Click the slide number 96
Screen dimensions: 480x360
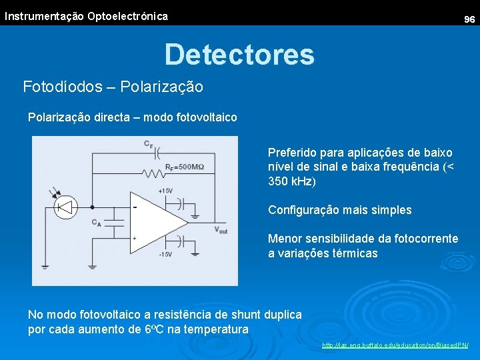pos(469,20)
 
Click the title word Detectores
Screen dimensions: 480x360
pos(239,54)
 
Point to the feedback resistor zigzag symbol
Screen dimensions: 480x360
pos(153,174)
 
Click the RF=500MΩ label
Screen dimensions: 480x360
pos(185,167)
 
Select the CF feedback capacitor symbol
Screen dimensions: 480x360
pos(157,151)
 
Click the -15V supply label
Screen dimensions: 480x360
pos(165,254)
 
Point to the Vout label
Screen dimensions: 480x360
pos(221,230)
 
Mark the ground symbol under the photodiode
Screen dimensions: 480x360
pos(44,266)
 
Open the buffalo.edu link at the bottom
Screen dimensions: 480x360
pos(395,345)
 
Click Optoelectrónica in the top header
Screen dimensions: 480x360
pos(127,16)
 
